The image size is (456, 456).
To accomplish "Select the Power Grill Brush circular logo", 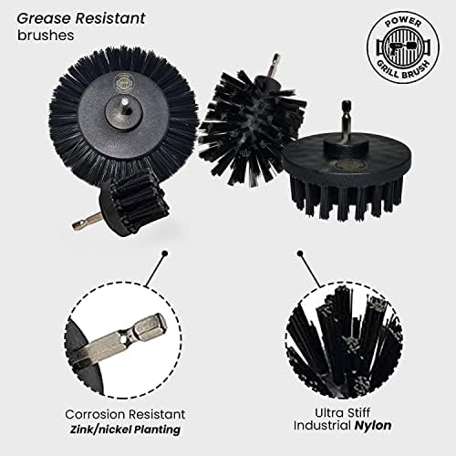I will click(398, 47).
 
